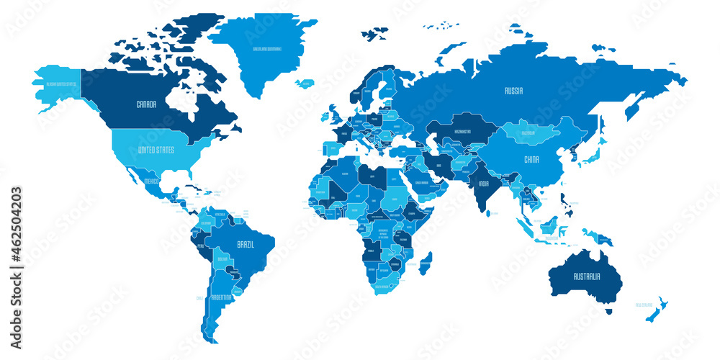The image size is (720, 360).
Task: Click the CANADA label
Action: coord(146,104)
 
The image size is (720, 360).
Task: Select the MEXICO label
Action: coord(152,181)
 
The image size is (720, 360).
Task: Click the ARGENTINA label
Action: coord(221,297)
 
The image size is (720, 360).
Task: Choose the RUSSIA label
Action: coord(513,91)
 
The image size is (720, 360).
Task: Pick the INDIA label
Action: coord(485,183)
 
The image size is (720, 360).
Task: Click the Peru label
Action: coord(201,245)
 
